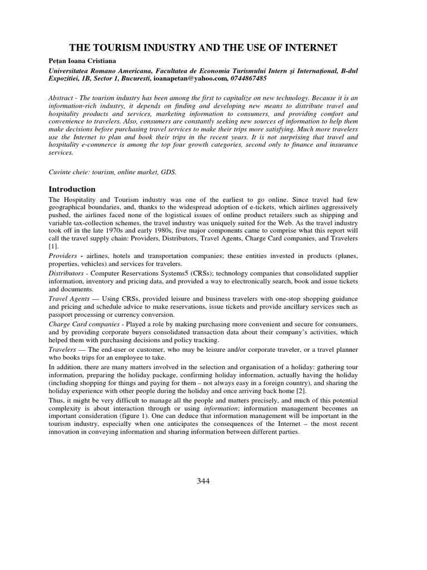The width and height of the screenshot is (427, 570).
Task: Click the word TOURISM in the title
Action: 113,48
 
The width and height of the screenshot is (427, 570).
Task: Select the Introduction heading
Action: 72,189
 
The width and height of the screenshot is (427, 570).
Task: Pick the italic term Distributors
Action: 67,273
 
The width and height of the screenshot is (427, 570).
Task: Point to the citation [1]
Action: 53,245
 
